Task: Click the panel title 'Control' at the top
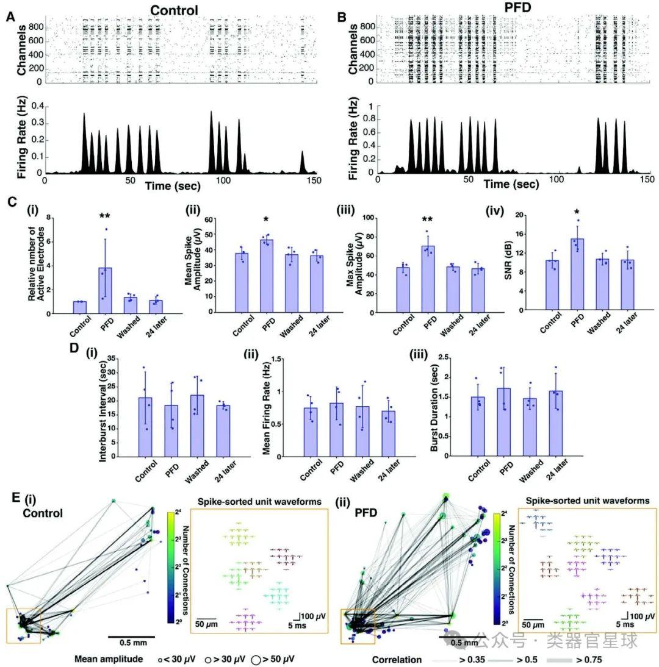[175, 10]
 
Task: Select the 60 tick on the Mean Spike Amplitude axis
[211, 219]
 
